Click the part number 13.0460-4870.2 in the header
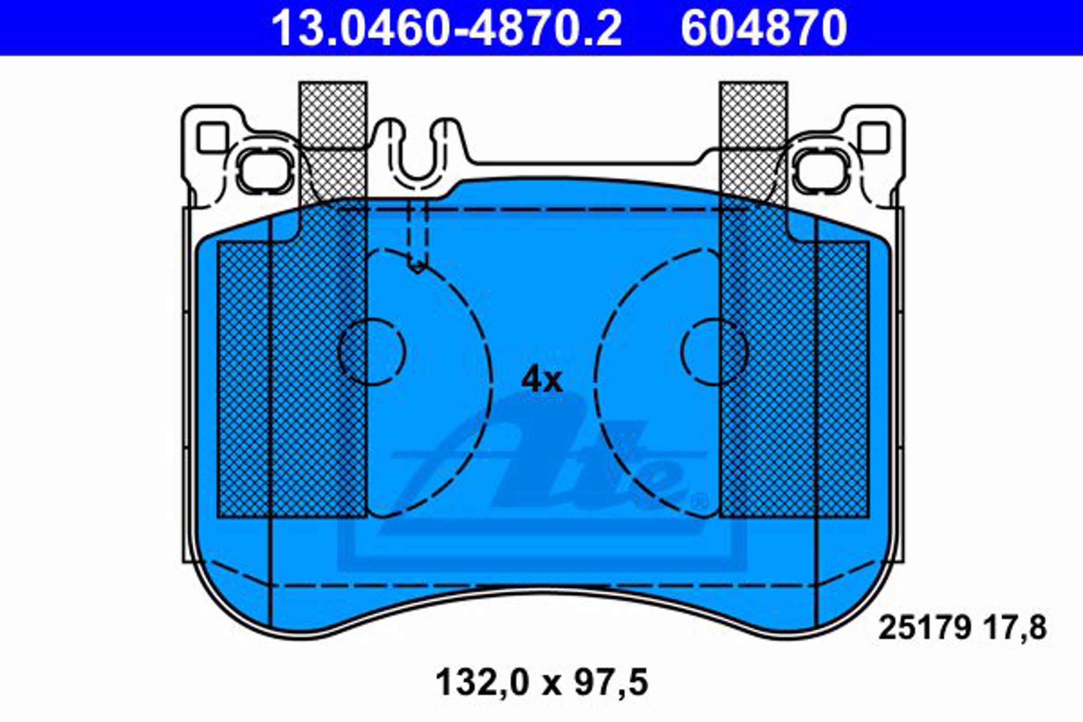[x=447, y=28]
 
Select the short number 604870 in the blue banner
[x=764, y=28]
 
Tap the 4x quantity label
[x=541, y=380]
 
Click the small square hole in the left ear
[x=212, y=138]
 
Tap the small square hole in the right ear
[x=874, y=138]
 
